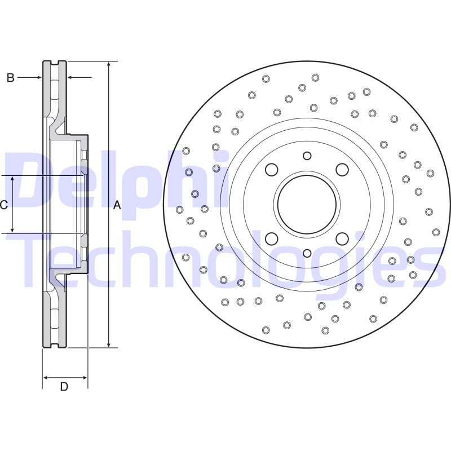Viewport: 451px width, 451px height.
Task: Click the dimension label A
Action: coord(117,205)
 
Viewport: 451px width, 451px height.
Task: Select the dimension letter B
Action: coord(10,78)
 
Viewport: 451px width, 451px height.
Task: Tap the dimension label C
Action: coord(3,205)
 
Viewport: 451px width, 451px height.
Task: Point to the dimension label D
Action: coord(64,387)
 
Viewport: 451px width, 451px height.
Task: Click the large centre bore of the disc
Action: coord(307,204)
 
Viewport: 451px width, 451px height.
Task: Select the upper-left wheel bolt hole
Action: coord(272,169)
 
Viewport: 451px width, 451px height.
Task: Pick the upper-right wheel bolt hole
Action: coord(342,169)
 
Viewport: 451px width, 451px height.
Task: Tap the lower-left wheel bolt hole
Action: coord(272,239)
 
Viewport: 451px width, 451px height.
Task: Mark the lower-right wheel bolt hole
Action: coord(342,239)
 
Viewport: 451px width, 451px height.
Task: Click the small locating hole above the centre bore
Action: coord(307,156)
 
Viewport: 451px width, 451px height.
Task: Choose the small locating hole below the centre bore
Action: coord(307,253)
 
